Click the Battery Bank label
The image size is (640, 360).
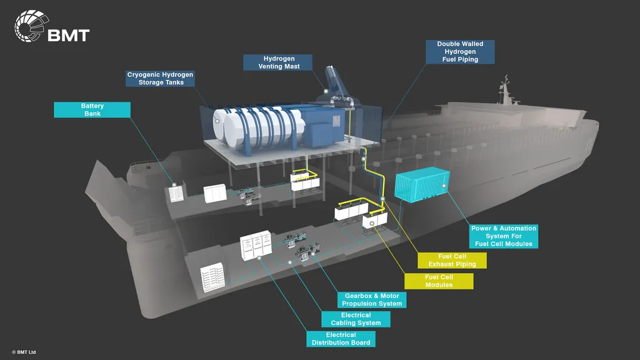(92, 110)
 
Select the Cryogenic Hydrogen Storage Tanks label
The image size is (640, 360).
(161, 78)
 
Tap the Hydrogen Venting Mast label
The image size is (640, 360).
(279, 62)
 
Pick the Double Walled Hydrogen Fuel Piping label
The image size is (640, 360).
(460, 52)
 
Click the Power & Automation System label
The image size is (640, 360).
(504, 236)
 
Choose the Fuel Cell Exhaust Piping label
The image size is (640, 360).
(452, 260)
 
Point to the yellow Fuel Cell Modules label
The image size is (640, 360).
(439, 281)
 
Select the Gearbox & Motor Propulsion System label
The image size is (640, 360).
(371, 299)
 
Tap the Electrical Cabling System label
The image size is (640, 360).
(356, 319)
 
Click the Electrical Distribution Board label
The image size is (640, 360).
(341, 339)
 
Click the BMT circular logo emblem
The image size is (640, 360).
(29, 27)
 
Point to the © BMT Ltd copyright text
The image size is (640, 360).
(24, 352)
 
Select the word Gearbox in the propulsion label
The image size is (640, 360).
(357, 296)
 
